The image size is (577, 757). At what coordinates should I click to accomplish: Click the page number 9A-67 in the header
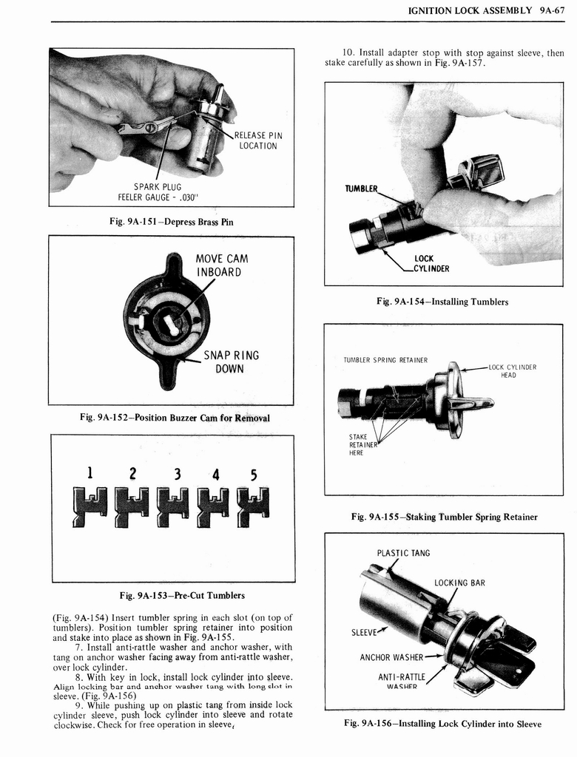[547, 11]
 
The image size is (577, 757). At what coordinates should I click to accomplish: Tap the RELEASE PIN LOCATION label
[258, 140]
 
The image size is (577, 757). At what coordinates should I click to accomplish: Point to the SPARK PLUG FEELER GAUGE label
[158, 191]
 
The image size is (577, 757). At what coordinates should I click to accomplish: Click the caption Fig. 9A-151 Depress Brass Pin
[171, 221]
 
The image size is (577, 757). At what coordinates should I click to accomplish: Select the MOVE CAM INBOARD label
[221, 265]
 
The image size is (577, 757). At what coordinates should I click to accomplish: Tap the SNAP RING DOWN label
[231, 361]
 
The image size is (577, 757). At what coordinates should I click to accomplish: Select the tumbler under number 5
[252, 506]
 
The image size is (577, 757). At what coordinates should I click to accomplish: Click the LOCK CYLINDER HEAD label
[512, 370]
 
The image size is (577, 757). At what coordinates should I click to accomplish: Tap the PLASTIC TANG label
[403, 553]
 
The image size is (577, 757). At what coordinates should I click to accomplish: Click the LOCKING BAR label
[459, 583]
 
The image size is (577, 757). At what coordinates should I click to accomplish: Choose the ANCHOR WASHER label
[391, 657]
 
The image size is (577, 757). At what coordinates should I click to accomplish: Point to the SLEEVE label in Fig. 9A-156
[366, 632]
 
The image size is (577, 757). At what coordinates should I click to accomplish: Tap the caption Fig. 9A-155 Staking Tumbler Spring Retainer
[444, 517]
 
